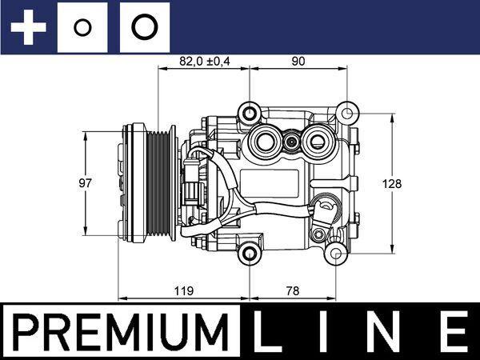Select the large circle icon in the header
pos(144,27)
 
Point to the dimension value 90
pos(299,60)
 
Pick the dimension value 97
pos(86,183)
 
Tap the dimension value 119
pos(183,291)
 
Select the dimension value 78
pos(295,291)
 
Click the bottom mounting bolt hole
pos(251,255)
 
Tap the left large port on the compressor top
pos(263,143)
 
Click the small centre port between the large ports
pos(290,143)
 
